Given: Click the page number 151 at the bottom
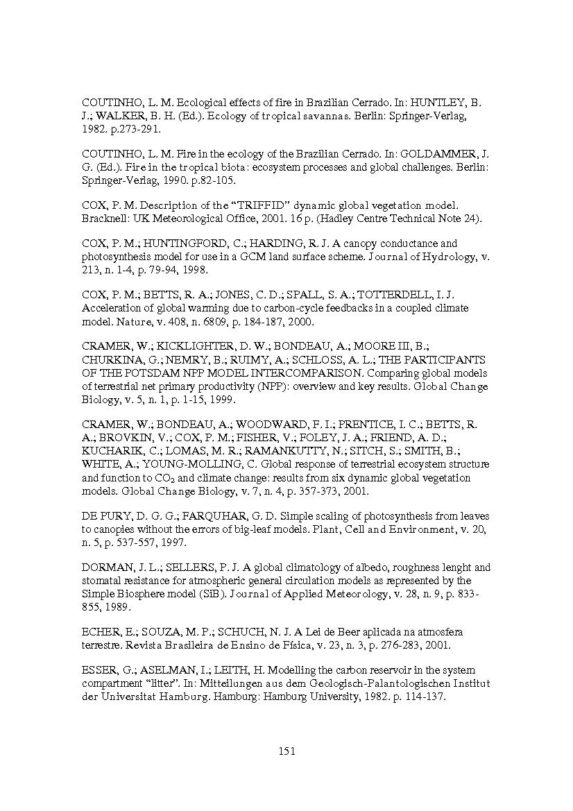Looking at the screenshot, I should (x=286, y=751).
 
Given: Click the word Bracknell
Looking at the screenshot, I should (x=105, y=219).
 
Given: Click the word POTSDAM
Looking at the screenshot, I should (x=148, y=373).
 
